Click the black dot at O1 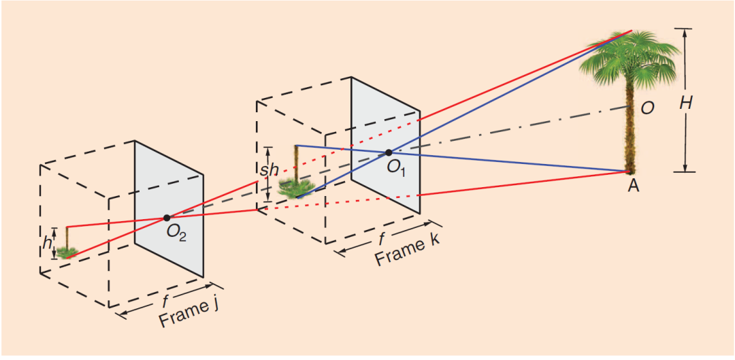click(389, 152)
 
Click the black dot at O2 click(167, 218)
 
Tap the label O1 click(397, 167)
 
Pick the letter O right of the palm click(648, 108)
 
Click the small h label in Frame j click(47, 242)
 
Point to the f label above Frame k click(382, 238)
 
